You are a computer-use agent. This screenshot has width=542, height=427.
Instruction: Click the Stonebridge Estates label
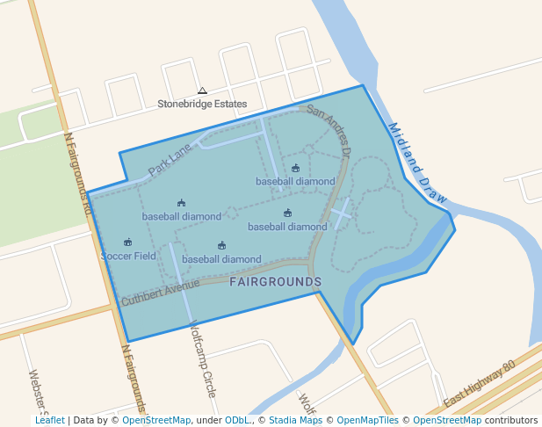(x=202, y=104)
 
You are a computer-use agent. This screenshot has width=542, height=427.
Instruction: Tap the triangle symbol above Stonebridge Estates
(x=202, y=90)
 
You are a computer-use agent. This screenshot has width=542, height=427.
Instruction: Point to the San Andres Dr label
(x=329, y=132)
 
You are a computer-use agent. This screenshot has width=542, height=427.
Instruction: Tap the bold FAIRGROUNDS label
(x=275, y=282)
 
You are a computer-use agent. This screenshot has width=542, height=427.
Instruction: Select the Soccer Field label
(x=128, y=257)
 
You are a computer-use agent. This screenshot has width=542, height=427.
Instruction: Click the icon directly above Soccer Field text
(x=128, y=242)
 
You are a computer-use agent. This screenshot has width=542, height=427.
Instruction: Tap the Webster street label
(x=38, y=387)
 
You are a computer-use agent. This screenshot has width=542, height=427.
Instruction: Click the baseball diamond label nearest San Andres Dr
(x=295, y=182)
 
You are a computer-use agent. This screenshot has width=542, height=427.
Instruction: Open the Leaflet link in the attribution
(x=49, y=420)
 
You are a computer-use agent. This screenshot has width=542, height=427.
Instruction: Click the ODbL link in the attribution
(x=239, y=420)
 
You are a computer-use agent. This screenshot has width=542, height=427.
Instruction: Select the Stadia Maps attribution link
(x=295, y=420)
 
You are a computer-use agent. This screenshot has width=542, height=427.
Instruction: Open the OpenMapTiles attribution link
(x=367, y=420)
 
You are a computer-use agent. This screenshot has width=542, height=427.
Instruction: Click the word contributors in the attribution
(x=511, y=420)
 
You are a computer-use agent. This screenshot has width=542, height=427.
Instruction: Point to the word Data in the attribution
(x=85, y=420)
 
